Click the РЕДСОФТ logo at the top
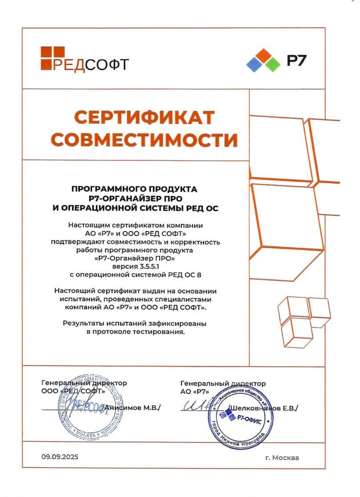84,59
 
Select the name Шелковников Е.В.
263,408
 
